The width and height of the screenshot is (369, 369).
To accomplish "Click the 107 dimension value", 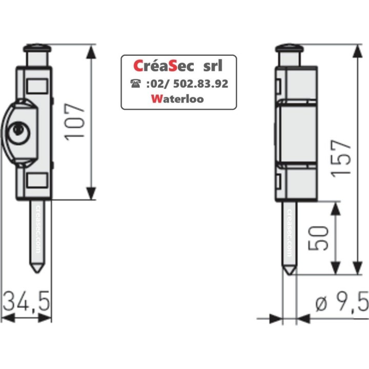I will [x=75, y=121].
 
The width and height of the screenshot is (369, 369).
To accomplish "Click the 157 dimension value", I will [x=341, y=159].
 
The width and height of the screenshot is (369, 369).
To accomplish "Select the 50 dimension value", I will [x=318, y=237].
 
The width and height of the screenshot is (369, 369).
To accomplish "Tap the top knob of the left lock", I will [x=38, y=50].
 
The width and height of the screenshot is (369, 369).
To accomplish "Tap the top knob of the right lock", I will [x=290, y=50].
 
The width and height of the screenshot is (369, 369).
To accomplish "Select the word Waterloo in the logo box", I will [x=178, y=99].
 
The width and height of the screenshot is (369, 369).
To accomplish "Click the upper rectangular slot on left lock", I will [x=36, y=85].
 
